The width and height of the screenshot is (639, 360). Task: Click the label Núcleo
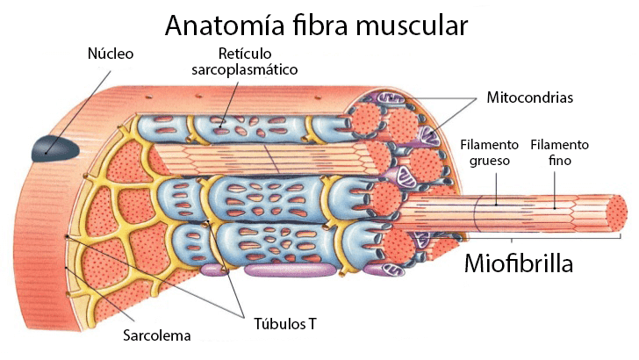[111, 54]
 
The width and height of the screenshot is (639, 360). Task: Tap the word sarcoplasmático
[245, 68]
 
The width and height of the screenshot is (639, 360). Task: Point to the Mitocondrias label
[529, 97]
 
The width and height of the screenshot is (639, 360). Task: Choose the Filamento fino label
[559, 153]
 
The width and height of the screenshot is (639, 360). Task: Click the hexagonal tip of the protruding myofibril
[617, 212]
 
